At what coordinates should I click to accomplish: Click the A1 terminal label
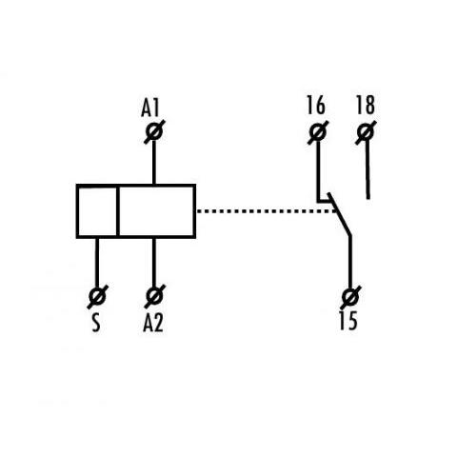(x=149, y=108)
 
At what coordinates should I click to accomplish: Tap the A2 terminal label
(x=153, y=324)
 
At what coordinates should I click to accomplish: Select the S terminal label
(x=96, y=324)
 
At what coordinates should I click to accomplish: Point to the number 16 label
(x=316, y=105)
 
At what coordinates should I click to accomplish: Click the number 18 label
(x=366, y=105)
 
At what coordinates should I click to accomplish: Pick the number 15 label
(x=348, y=321)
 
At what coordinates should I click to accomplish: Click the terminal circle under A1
(x=154, y=132)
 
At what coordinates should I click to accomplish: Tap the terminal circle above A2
(x=154, y=296)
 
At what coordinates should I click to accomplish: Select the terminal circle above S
(x=97, y=296)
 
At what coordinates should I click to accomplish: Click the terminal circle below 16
(x=318, y=132)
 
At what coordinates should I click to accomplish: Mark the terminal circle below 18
(x=366, y=132)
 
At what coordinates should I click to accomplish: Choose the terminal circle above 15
(x=350, y=297)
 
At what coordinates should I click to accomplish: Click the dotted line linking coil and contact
(x=266, y=211)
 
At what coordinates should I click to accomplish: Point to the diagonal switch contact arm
(x=340, y=214)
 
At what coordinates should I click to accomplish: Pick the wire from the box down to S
(x=97, y=263)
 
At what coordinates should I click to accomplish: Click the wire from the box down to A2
(x=154, y=263)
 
